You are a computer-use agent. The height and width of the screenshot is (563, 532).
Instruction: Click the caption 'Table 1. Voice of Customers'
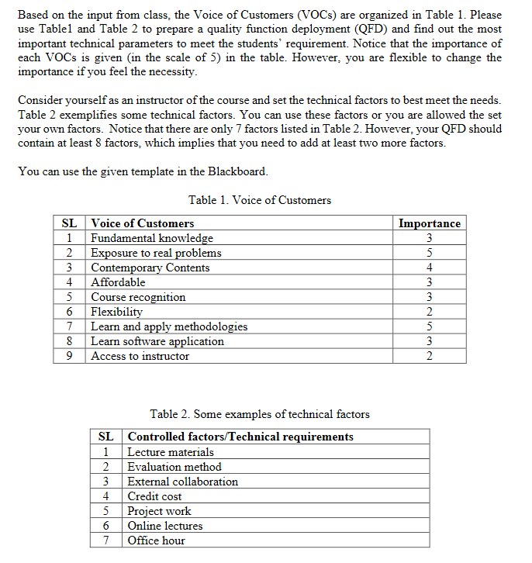point(259,200)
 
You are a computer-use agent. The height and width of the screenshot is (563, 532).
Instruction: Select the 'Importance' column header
point(429,223)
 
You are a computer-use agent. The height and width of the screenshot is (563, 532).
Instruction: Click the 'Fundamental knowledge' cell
point(152,238)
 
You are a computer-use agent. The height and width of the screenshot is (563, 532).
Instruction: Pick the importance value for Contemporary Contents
point(430,268)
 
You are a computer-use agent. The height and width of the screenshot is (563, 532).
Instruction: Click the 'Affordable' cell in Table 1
point(118,282)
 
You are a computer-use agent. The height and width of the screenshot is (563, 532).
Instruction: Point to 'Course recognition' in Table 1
point(138,297)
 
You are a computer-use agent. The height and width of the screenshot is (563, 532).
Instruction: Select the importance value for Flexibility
point(430,312)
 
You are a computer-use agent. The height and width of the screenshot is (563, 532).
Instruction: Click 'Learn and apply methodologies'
point(169,326)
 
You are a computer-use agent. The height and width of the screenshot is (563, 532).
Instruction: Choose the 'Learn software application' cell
point(157,341)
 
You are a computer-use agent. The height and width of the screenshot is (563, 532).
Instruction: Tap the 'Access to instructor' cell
point(140,356)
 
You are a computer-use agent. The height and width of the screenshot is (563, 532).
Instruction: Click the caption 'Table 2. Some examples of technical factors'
point(259,414)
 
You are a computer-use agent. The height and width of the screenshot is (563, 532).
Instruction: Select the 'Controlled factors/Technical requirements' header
point(240,437)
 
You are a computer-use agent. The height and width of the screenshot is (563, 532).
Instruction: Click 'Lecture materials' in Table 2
point(171,452)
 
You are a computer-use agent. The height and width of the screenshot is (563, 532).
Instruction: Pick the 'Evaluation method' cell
point(174,467)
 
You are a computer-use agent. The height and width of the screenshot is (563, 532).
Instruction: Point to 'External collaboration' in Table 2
point(183,482)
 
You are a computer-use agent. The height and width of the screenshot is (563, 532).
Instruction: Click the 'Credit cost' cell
point(154,496)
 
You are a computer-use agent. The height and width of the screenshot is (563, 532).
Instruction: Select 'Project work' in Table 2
point(159,511)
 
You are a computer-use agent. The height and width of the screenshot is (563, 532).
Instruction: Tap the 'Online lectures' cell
point(165,526)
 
